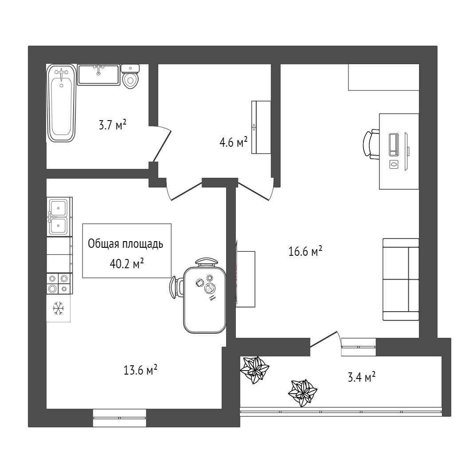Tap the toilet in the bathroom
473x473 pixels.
pos(130,78)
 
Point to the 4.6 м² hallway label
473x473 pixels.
pos(233,143)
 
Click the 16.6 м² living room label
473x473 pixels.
pos(305,252)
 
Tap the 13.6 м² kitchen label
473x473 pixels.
pos(141,370)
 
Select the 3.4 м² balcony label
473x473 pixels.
pos(361,377)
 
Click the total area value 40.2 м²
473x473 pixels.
pos(126,264)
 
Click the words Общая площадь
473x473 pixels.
pos(126,244)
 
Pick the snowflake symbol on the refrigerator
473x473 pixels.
pos(58,309)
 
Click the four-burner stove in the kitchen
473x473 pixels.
pos(59,283)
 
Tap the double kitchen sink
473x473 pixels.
pos(58,216)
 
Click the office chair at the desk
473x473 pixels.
pos(371,144)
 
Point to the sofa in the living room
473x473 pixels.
pos(401,279)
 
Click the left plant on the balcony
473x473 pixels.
pos(254,369)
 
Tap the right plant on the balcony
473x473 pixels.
pos(303,391)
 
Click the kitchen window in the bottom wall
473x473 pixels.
pos(119,418)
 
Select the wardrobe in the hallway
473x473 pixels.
pos(261,127)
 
